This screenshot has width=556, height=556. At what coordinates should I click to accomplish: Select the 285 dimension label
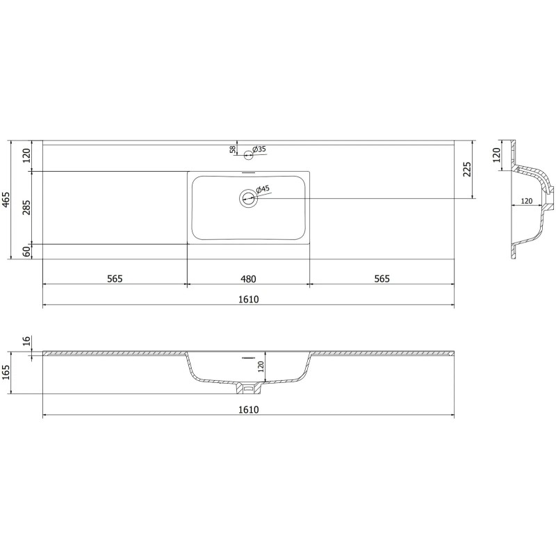[26, 207]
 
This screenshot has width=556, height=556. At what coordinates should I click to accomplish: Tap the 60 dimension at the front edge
[26, 252]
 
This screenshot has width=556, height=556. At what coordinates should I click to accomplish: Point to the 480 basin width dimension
[248, 279]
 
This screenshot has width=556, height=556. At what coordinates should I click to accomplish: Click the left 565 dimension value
[115, 279]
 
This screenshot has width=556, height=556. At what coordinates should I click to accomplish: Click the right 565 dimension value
[382, 279]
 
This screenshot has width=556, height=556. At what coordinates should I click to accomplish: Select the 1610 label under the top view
[248, 300]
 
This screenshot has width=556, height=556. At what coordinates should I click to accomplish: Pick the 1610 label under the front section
[248, 410]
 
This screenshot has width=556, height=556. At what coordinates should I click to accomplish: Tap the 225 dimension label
[467, 170]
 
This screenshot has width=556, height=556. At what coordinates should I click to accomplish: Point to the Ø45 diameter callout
[262, 190]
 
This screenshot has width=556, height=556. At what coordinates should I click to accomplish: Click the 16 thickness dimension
[26, 341]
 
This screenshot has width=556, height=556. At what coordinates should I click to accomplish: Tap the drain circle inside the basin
[248, 199]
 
